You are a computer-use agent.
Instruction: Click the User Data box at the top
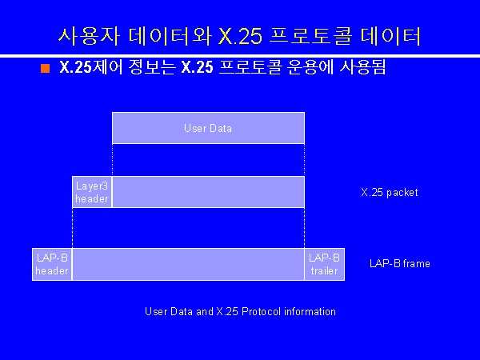click(208, 128)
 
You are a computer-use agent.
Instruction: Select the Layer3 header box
click(92, 192)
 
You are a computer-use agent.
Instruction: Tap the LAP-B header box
click(52, 264)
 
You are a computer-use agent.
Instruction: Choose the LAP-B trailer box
click(325, 264)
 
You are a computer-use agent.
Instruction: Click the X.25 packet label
click(390, 192)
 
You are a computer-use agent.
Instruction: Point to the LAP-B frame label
click(400, 263)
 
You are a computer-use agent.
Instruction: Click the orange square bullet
click(45, 68)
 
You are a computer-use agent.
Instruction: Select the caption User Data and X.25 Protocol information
click(240, 311)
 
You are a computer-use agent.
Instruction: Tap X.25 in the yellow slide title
click(240, 36)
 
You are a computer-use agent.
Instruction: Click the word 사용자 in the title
click(89, 36)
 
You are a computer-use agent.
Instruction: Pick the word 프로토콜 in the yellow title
click(310, 36)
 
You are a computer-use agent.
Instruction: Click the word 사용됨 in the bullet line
click(362, 67)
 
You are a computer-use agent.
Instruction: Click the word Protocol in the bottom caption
click(261, 311)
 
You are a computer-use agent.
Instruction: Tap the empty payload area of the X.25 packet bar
click(208, 192)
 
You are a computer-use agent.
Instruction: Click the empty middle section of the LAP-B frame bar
click(188, 264)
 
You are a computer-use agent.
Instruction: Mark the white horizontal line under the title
click(240, 56)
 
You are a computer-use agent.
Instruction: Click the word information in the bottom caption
click(310, 311)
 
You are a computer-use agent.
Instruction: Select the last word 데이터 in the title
click(390, 36)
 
